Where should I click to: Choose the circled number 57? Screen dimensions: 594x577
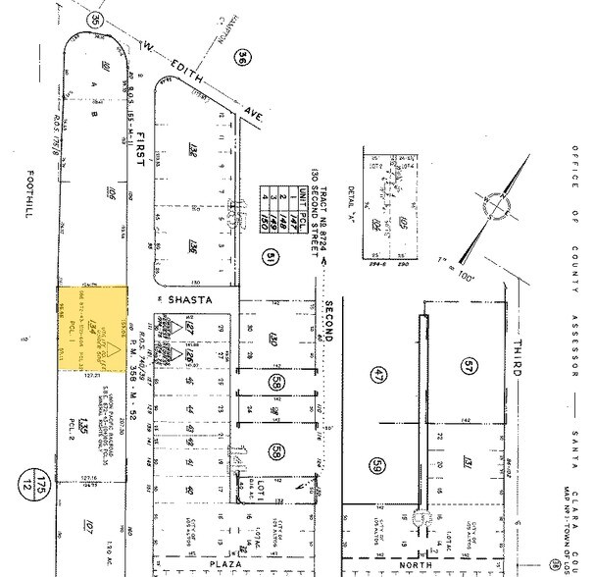click(x=467, y=364)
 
